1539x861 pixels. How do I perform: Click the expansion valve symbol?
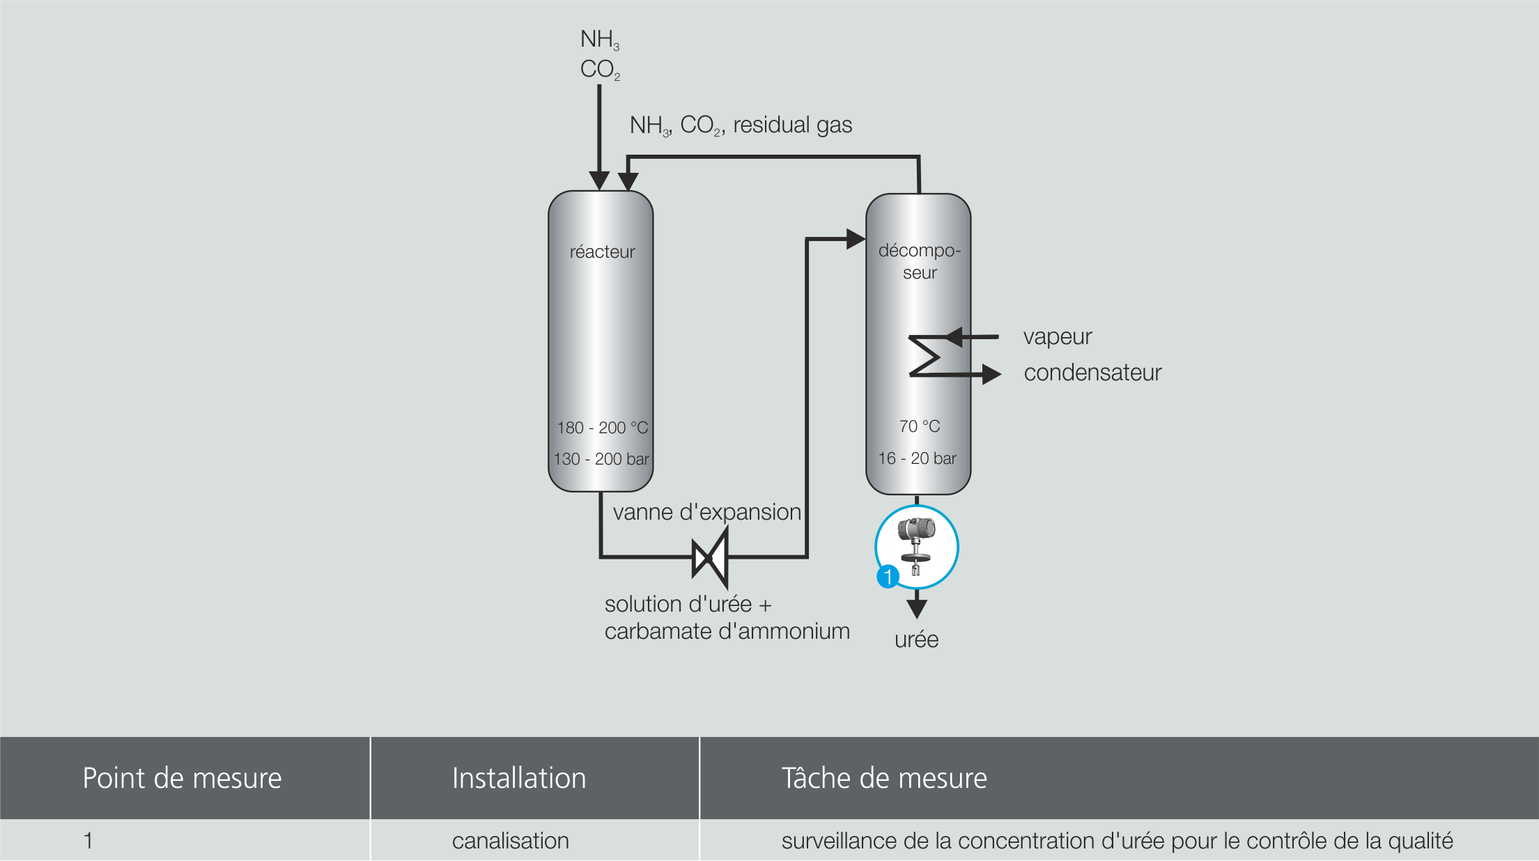(710, 557)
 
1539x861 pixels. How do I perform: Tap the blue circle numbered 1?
(888, 577)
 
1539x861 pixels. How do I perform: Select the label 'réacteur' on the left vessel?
(602, 251)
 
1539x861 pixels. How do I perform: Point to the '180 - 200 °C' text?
(602, 427)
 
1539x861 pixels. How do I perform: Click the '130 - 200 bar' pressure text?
(601, 459)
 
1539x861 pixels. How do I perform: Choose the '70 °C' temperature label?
(919, 426)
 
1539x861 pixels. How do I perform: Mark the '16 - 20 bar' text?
(917, 458)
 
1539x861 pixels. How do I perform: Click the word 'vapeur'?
(1057, 337)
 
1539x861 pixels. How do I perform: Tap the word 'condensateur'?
(1092, 373)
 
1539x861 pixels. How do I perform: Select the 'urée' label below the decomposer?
(916, 639)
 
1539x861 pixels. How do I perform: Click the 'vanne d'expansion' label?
(706, 512)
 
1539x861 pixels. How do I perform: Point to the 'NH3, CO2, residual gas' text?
(741, 125)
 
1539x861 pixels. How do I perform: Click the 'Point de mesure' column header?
(182, 778)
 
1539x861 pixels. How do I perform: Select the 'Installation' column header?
(519, 778)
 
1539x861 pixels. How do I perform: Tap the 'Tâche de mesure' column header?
(884, 778)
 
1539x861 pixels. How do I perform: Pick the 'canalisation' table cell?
(510, 841)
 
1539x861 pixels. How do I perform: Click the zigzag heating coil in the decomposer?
(925, 356)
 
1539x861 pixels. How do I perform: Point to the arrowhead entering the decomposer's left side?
(856, 239)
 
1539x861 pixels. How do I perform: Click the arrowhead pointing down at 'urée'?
(917, 607)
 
